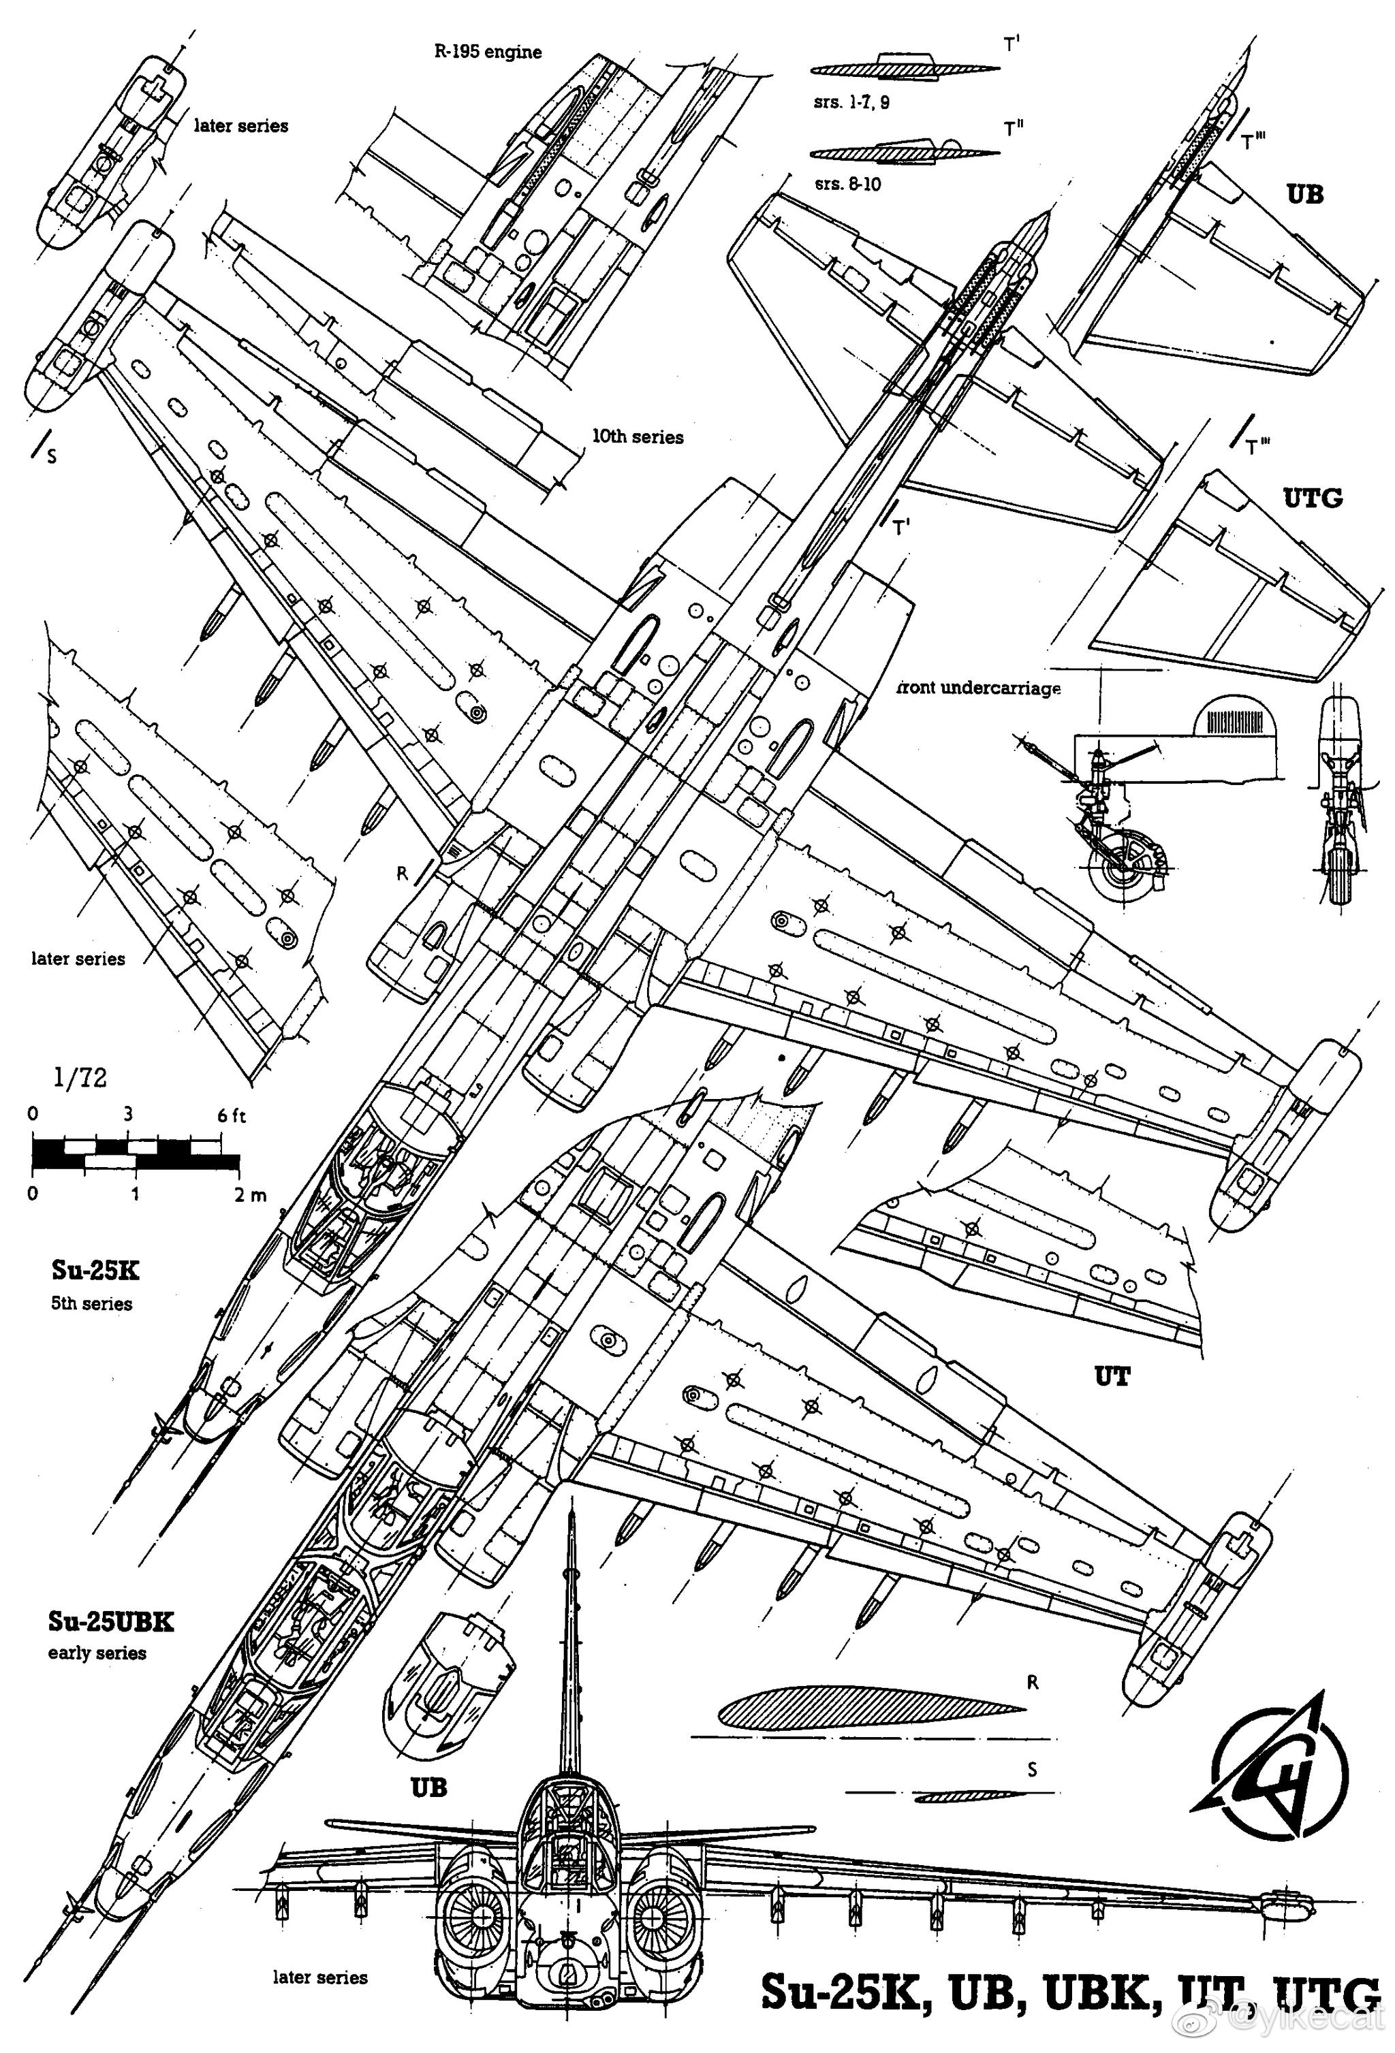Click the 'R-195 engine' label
click(487, 52)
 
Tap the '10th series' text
click(637, 437)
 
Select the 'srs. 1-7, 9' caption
click(851, 102)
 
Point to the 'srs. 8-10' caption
click(847, 185)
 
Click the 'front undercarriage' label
click(978, 688)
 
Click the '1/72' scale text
click(80, 1078)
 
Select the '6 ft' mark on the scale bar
click(232, 1116)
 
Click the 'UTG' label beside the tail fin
click(1312, 498)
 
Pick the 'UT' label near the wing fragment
click(1112, 1375)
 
